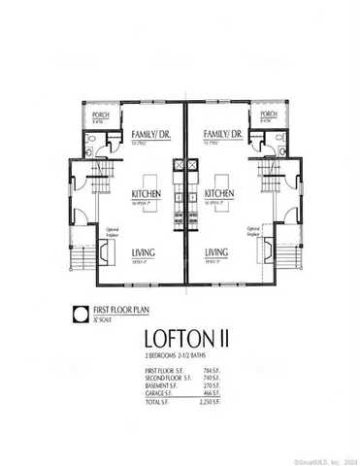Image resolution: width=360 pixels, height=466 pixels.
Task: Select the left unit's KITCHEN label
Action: [145, 193]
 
